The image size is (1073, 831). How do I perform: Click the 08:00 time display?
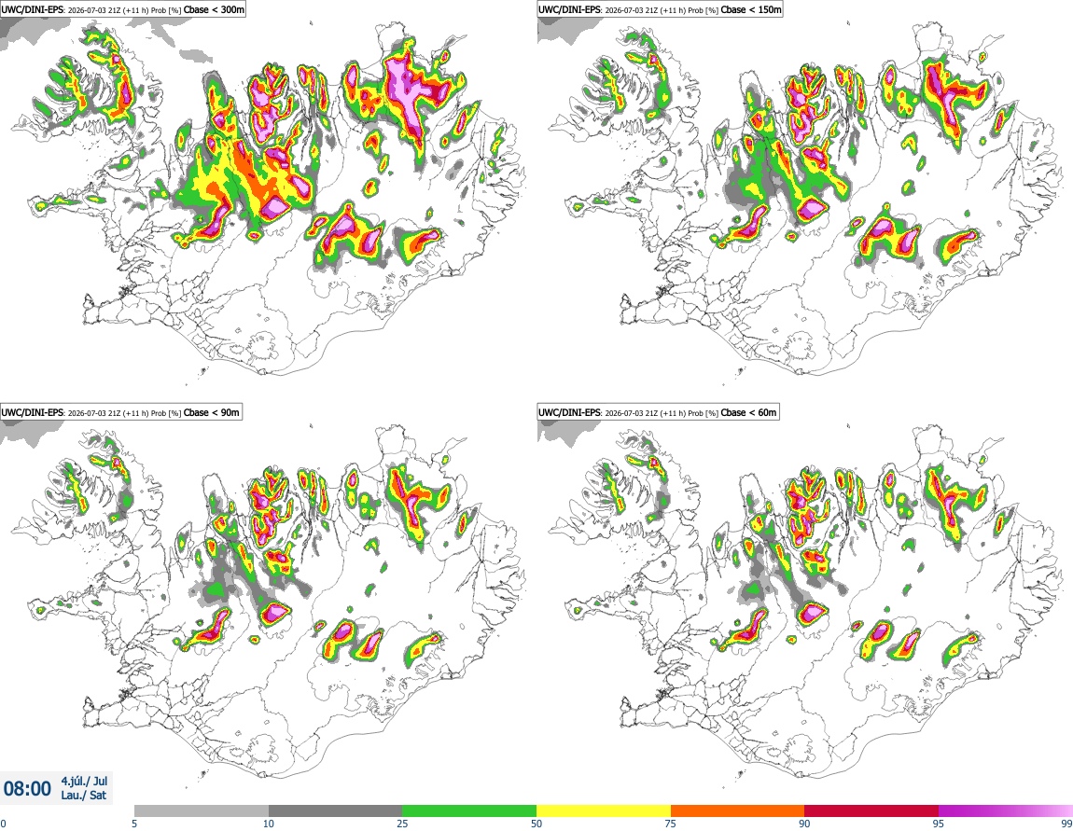click(27, 789)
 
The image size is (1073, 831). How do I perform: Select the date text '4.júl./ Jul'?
click(84, 781)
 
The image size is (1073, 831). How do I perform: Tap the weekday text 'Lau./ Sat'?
click(83, 796)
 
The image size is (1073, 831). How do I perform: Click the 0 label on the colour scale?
click(3, 824)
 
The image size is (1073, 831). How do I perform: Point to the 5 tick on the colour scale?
click(134, 824)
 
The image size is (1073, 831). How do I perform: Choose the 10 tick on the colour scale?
click(269, 824)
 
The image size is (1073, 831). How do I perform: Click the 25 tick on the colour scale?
click(402, 824)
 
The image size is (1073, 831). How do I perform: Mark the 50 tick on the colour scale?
click(536, 824)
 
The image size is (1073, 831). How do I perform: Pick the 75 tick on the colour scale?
click(671, 824)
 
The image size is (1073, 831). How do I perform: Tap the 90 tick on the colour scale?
click(804, 824)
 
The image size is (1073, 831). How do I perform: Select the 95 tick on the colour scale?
click(939, 824)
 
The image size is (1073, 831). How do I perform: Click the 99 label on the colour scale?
click(1066, 824)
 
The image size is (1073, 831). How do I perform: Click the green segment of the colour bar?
click(469, 810)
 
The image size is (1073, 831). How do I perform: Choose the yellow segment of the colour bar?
click(604, 810)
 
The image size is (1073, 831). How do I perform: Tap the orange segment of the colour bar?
click(738, 810)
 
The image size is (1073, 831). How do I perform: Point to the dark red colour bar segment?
click(871, 810)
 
